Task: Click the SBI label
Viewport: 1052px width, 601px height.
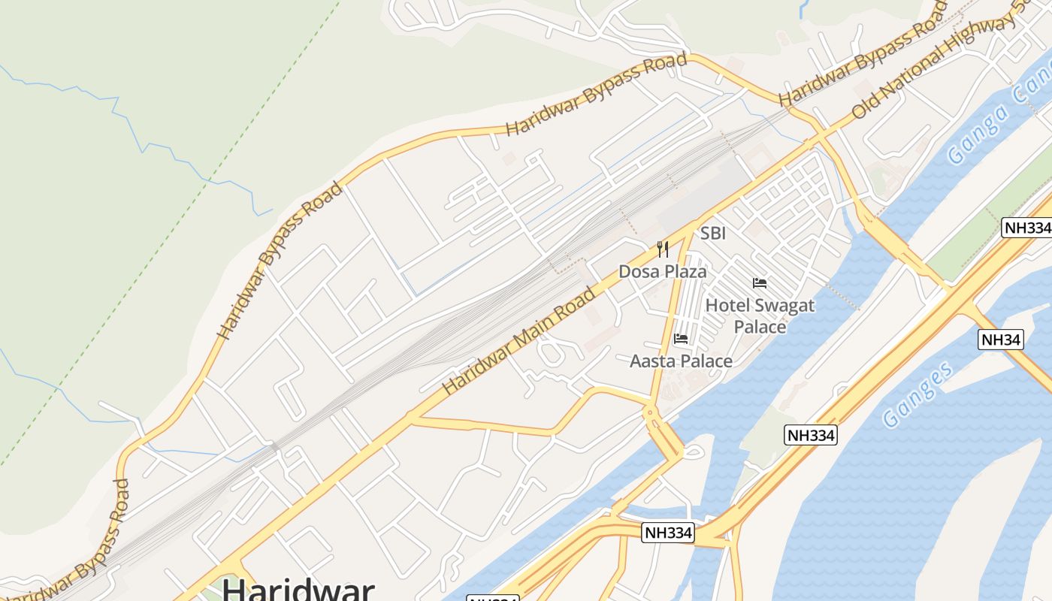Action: click(x=712, y=234)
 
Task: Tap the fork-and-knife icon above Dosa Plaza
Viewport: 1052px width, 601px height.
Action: click(x=663, y=249)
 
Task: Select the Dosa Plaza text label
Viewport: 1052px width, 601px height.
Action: click(x=663, y=271)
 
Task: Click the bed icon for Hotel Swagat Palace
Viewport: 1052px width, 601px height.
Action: click(x=760, y=283)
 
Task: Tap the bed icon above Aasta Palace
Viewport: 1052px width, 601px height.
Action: click(x=681, y=339)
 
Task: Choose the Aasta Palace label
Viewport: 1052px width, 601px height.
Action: click(x=681, y=361)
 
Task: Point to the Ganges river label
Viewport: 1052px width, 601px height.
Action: click(x=918, y=394)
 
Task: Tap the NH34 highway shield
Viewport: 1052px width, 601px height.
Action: click(x=1002, y=340)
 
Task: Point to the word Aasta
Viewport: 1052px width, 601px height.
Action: click(x=652, y=361)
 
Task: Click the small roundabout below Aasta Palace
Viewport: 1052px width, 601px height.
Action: click(x=650, y=412)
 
